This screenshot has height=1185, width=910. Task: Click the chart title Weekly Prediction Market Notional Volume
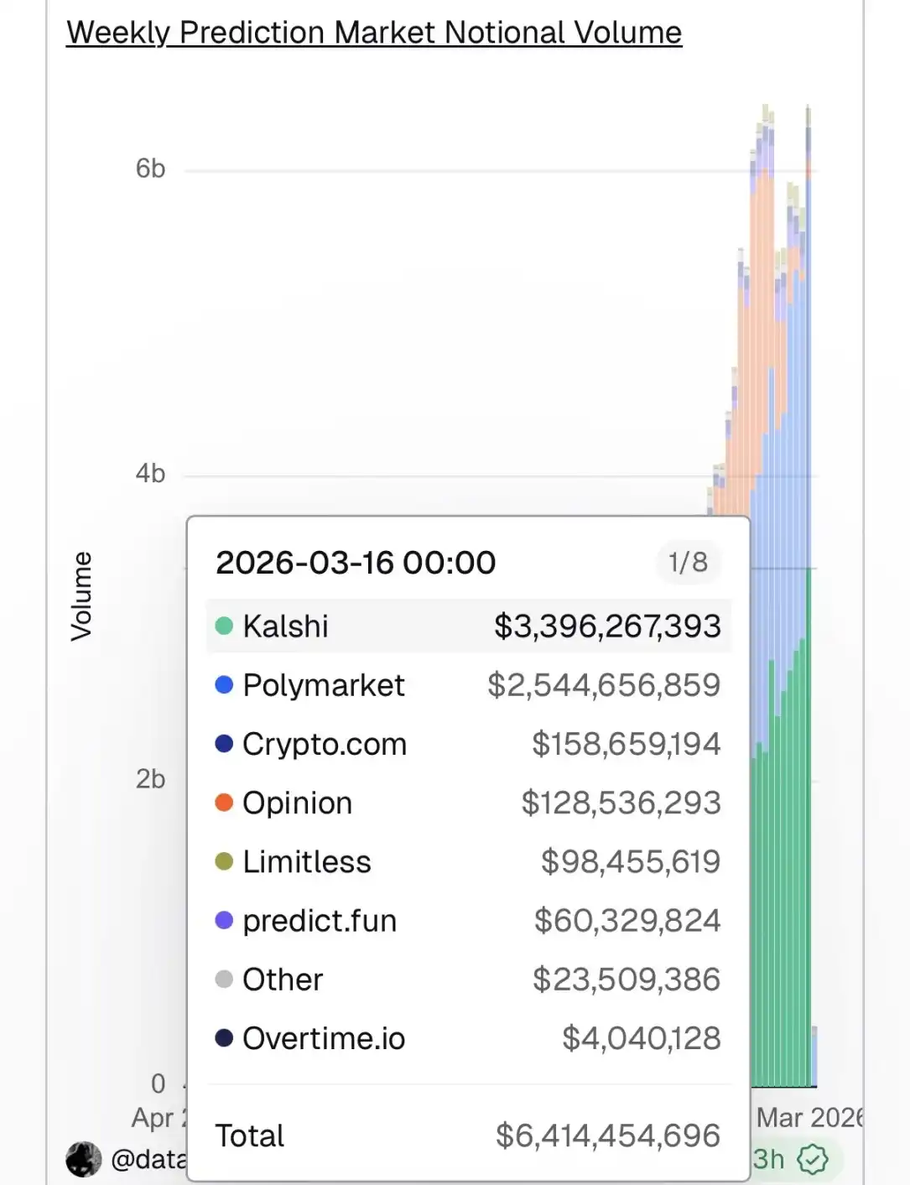click(x=374, y=33)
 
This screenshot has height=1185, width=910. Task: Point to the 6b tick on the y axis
click(x=151, y=169)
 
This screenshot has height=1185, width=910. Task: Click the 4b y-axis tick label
click(x=151, y=474)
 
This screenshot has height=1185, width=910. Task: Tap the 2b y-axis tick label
click(x=151, y=779)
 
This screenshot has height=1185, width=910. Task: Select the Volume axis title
click(x=81, y=596)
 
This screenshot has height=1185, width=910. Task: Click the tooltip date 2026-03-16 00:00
click(x=356, y=563)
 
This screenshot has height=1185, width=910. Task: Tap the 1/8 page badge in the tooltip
click(x=688, y=562)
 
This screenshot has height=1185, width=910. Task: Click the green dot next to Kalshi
click(x=224, y=626)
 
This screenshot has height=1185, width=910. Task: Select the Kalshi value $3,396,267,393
click(x=607, y=626)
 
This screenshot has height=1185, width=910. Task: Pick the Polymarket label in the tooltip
click(x=324, y=685)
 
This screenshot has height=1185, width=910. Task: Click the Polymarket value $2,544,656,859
click(x=604, y=685)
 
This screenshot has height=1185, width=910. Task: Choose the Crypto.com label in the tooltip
click(x=325, y=744)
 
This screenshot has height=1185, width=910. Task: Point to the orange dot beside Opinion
click(x=224, y=803)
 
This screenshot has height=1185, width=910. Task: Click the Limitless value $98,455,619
click(x=631, y=861)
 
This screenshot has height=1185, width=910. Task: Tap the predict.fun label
click(x=320, y=921)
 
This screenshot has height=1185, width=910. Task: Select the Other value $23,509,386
click(x=627, y=980)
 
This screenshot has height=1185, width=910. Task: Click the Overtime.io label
click(x=324, y=1038)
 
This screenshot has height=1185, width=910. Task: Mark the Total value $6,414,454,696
click(x=608, y=1136)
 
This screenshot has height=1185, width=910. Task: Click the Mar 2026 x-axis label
click(x=809, y=1117)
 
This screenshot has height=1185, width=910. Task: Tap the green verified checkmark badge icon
click(x=812, y=1159)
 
